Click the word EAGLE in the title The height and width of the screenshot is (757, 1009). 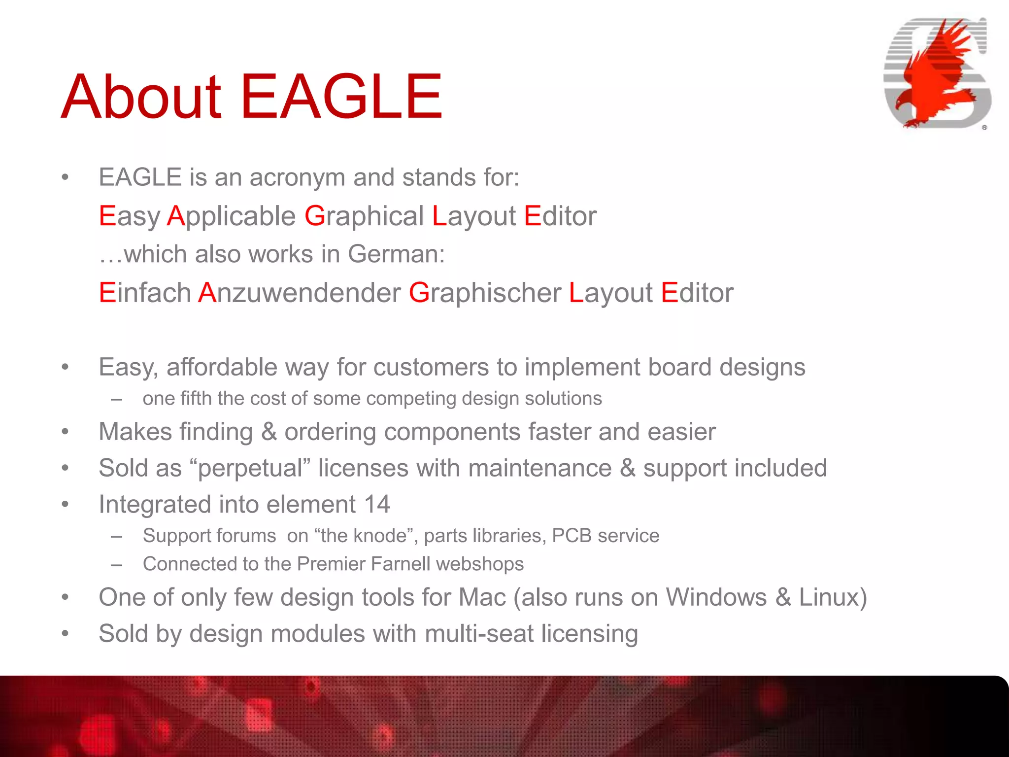pyautogui.click(x=341, y=97)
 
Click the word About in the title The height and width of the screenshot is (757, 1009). pyautogui.click(x=141, y=97)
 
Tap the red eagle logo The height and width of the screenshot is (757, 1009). pyautogui.click(x=936, y=74)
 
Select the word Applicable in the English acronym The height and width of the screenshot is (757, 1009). pyautogui.click(x=231, y=216)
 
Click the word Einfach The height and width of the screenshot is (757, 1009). pyautogui.click(x=145, y=293)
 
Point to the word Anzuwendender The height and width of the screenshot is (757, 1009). pyautogui.click(x=300, y=293)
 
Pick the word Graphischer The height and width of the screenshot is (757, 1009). pyautogui.click(x=485, y=293)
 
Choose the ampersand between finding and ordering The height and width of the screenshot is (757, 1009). pyautogui.click(x=269, y=432)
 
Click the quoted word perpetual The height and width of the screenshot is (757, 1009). pyautogui.click(x=250, y=468)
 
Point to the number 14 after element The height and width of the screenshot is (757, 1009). pyautogui.click(x=377, y=505)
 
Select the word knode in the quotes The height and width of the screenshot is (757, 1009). pyautogui.click(x=382, y=536)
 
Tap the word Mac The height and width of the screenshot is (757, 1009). pyautogui.click(x=482, y=597)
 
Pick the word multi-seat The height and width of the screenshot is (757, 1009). pyautogui.click(x=479, y=634)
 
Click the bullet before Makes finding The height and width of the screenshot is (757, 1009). pyautogui.click(x=65, y=432)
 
